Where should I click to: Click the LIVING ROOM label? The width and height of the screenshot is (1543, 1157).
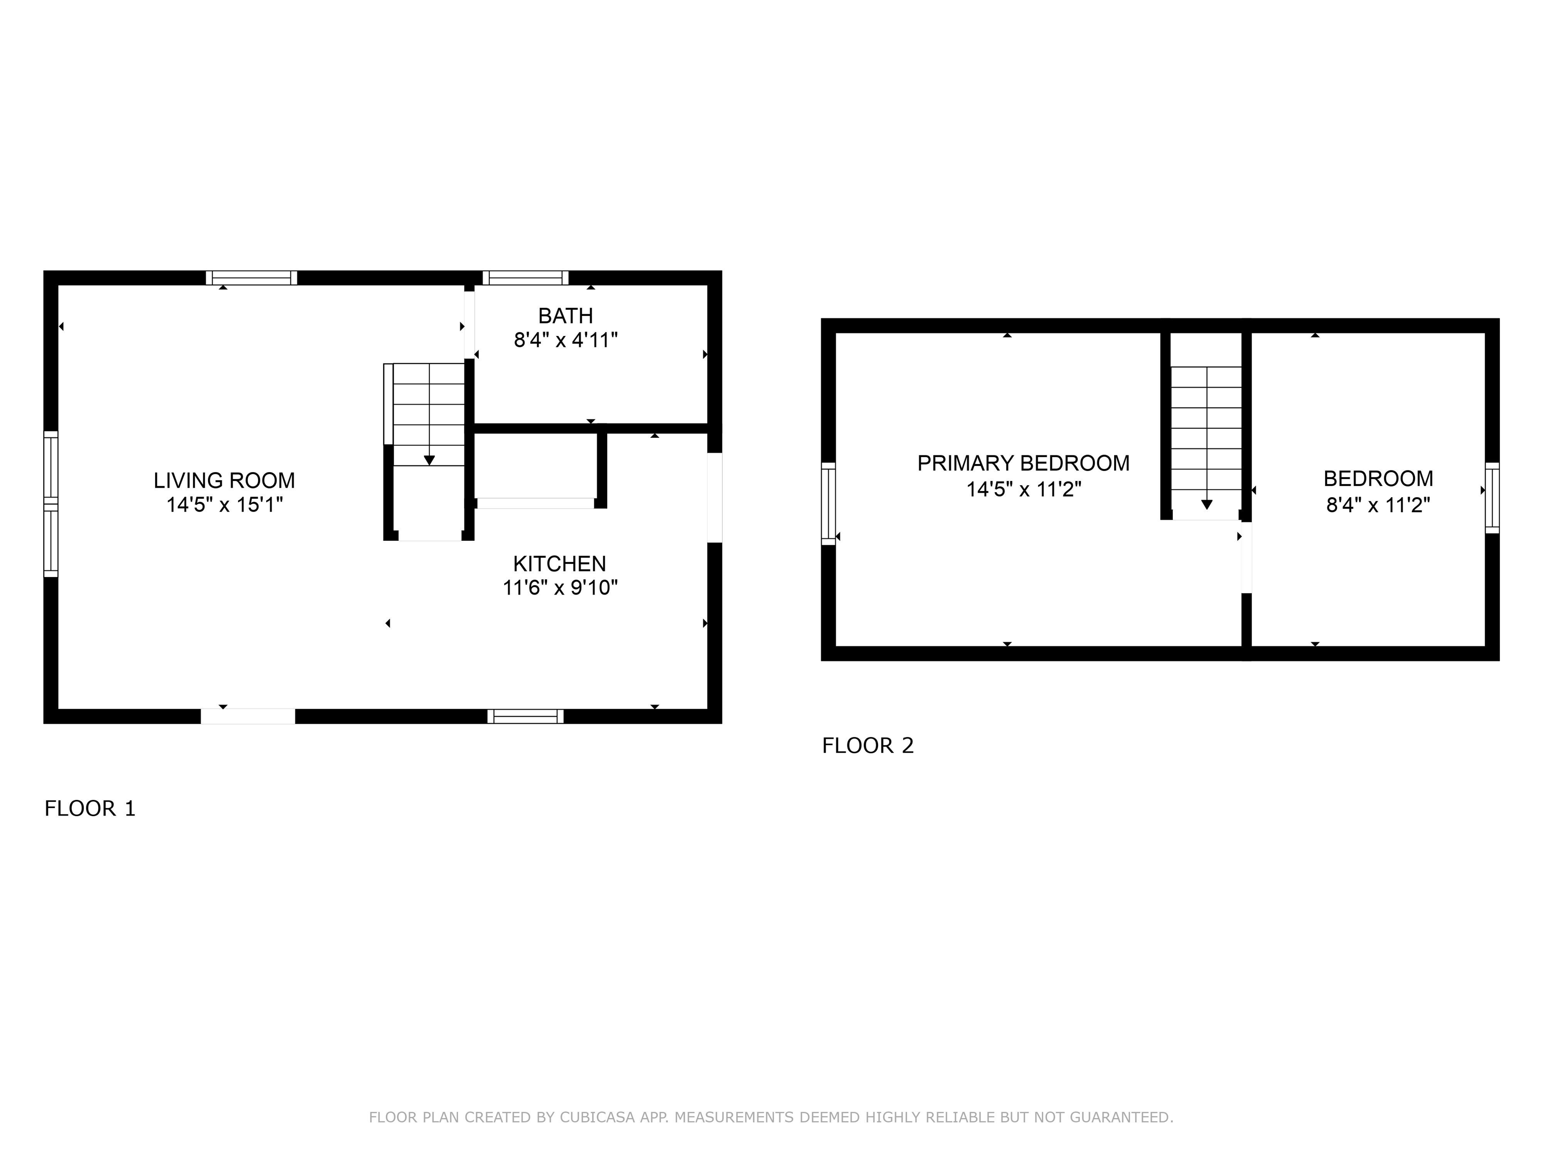224,481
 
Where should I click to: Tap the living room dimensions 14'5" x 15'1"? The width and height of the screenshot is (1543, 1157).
224,505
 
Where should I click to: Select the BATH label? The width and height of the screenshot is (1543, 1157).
565,316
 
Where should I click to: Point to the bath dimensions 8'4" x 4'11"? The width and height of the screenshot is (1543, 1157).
565,340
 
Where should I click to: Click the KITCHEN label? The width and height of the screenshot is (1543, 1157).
560,563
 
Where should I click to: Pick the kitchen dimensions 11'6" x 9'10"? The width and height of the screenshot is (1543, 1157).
560,588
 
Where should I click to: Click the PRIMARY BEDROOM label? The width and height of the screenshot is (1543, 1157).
1023,463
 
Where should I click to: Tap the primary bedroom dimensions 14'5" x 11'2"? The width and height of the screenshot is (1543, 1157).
1023,489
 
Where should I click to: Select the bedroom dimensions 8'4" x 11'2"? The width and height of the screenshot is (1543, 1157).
1378,505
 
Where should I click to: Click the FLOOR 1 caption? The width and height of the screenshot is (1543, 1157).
90,808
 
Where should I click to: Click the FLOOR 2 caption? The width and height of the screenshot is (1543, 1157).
867,746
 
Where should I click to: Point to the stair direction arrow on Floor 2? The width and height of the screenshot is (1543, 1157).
1206,504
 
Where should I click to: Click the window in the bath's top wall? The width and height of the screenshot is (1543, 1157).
525,278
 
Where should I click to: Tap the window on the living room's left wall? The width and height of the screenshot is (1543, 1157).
51,504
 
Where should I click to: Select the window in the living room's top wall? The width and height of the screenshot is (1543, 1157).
251,278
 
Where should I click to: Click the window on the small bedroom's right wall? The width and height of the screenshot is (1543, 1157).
1491,497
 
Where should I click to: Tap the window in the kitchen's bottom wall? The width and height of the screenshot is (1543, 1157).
525,716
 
